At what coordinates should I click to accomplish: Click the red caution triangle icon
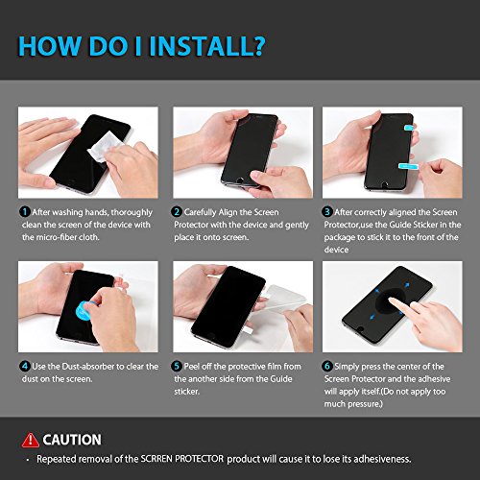[x=31, y=440]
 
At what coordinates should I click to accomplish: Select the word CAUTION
[x=72, y=440]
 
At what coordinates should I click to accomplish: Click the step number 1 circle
[x=25, y=212]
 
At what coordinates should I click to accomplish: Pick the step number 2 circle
[x=177, y=212]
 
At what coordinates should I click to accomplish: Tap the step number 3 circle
[x=326, y=212]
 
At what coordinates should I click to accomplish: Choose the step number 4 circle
[x=25, y=366]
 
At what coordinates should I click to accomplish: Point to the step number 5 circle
[x=177, y=366]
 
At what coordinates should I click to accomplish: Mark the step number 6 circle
[x=326, y=366]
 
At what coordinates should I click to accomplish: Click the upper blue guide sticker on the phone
[x=409, y=129]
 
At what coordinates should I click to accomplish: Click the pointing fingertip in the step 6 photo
[x=392, y=300]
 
